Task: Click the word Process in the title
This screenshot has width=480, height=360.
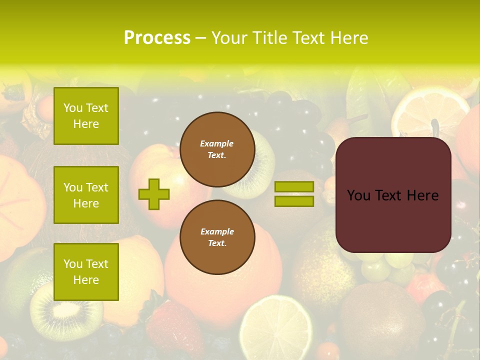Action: [157, 38]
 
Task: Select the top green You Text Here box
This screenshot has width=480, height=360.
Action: [86, 116]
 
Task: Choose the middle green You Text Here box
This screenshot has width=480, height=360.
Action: [86, 195]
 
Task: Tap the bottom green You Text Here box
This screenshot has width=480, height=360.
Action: [86, 272]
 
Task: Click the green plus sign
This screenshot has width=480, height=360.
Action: [154, 194]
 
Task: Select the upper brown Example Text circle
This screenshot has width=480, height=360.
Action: [217, 149]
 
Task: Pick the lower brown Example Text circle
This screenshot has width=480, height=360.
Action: [217, 237]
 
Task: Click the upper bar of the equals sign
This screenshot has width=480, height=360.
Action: [294, 187]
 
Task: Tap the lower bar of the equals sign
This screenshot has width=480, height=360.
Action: [294, 201]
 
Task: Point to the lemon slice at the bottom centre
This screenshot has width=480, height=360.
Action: [275, 327]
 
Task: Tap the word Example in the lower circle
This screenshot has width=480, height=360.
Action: [217, 231]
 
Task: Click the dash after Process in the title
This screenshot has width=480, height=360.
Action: [200, 38]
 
